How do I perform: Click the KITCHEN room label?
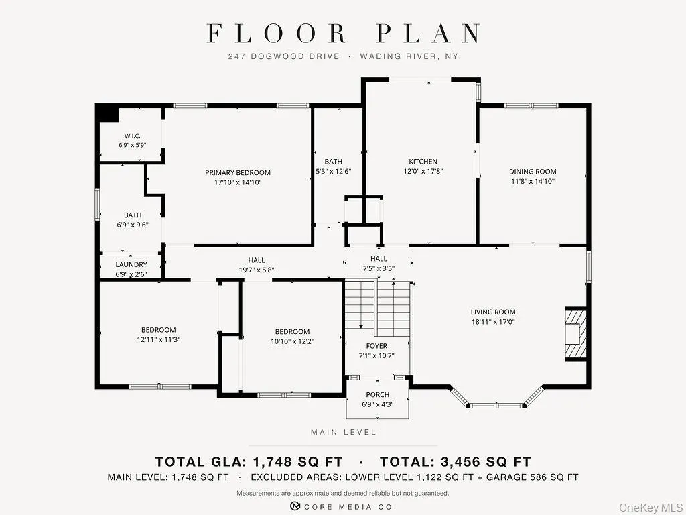coord(423,161)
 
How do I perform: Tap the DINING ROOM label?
coord(533,172)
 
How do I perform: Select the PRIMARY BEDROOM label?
coord(238,172)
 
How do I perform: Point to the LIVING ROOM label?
coord(493,312)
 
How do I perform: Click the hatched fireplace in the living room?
coord(575,334)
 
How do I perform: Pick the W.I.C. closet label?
coord(132,136)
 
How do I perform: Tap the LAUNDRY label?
coord(131,264)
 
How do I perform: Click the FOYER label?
coord(376,346)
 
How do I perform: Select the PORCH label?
coord(378,394)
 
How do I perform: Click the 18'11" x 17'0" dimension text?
coord(493,322)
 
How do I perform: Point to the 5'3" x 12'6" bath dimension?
coord(334,171)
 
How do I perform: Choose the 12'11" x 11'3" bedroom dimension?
coord(158,339)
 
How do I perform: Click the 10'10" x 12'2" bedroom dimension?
coord(292,341)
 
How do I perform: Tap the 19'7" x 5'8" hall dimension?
coord(257,270)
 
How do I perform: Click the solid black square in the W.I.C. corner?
coord(108,113)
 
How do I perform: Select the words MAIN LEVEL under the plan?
coord(344,433)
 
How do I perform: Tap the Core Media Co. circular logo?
coord(295,506)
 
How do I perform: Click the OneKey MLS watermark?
coord(650,507)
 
